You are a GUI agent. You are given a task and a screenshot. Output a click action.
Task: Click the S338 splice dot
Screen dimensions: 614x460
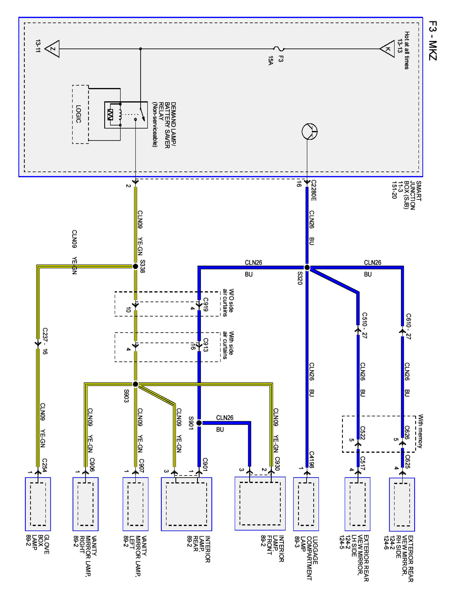click(x=135, y=266)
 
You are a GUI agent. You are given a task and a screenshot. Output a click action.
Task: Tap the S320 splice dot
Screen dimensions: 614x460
click(x=307, y=267)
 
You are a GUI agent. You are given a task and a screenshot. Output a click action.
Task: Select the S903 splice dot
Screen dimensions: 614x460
click(x=135, y=384)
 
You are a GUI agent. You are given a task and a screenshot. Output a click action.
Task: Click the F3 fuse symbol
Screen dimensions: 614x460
click(x=279, y=49)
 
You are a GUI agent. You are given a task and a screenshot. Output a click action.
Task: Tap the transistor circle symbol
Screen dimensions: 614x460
click(x=310, y=132)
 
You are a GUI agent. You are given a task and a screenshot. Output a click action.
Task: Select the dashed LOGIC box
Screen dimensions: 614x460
click(x=80, y=114)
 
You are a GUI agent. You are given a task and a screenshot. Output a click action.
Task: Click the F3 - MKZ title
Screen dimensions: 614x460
click(x=433, y=41)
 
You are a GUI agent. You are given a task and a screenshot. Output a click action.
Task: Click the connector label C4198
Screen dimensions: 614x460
click(x=312, y=459)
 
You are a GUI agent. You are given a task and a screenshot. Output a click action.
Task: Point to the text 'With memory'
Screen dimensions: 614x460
click(x=421, y=431)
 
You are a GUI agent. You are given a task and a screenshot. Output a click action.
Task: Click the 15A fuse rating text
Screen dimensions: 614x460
click(x=271, y=61)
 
